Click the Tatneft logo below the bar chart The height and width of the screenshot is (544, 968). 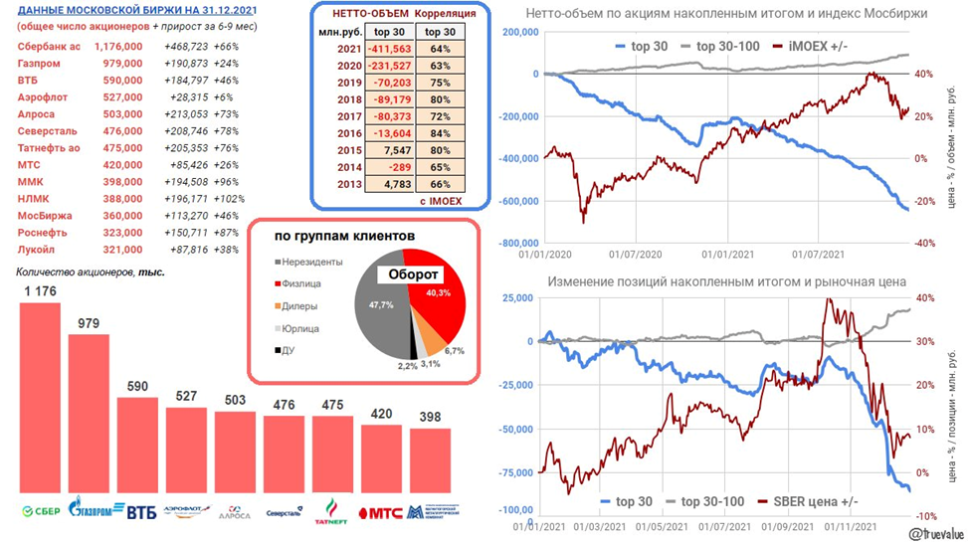click(x=331, y=512)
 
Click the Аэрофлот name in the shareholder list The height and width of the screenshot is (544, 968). click(x=46, y=96)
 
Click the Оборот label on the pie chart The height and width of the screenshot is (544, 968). click(x=413, y=274)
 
